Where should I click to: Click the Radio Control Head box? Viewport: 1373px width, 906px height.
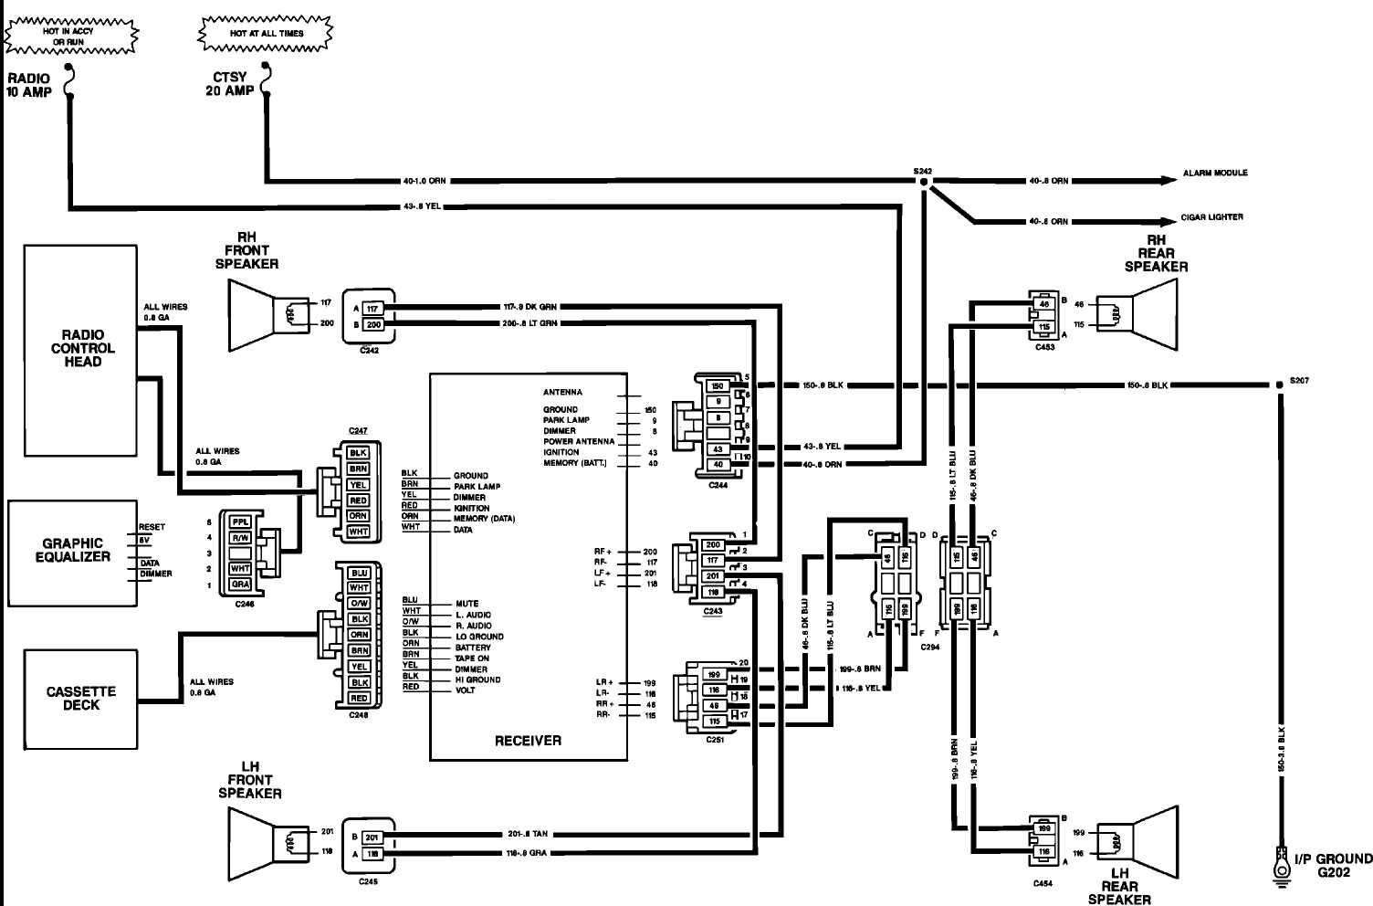[80, 349]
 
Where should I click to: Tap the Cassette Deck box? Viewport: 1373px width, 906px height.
[80, 699]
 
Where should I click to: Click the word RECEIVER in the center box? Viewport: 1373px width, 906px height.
[528, 741]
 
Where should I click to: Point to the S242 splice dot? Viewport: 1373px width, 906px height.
[923, 183]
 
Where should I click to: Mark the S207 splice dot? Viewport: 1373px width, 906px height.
[1280, 385]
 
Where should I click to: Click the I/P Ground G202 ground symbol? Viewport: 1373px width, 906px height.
[1281, 862]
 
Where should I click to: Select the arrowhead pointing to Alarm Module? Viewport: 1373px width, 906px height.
[1169, 181]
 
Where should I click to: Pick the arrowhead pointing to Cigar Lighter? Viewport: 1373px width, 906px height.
[1169, 221]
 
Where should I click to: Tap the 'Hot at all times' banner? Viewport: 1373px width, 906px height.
[266, 34]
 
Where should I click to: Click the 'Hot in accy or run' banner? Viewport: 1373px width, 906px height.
[69, 36]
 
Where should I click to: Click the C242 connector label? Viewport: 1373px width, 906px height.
[369, 349]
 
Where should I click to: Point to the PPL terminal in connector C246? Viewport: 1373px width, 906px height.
[240, 521]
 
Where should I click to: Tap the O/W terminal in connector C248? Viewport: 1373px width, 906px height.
[359, 604]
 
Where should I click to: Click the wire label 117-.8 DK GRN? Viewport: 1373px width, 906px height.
[529, 307]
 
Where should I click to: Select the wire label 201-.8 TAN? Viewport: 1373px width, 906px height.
[528, 834]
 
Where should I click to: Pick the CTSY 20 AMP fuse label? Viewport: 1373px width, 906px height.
[229, 84]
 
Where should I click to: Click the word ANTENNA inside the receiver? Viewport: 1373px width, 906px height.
[562, 392]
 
